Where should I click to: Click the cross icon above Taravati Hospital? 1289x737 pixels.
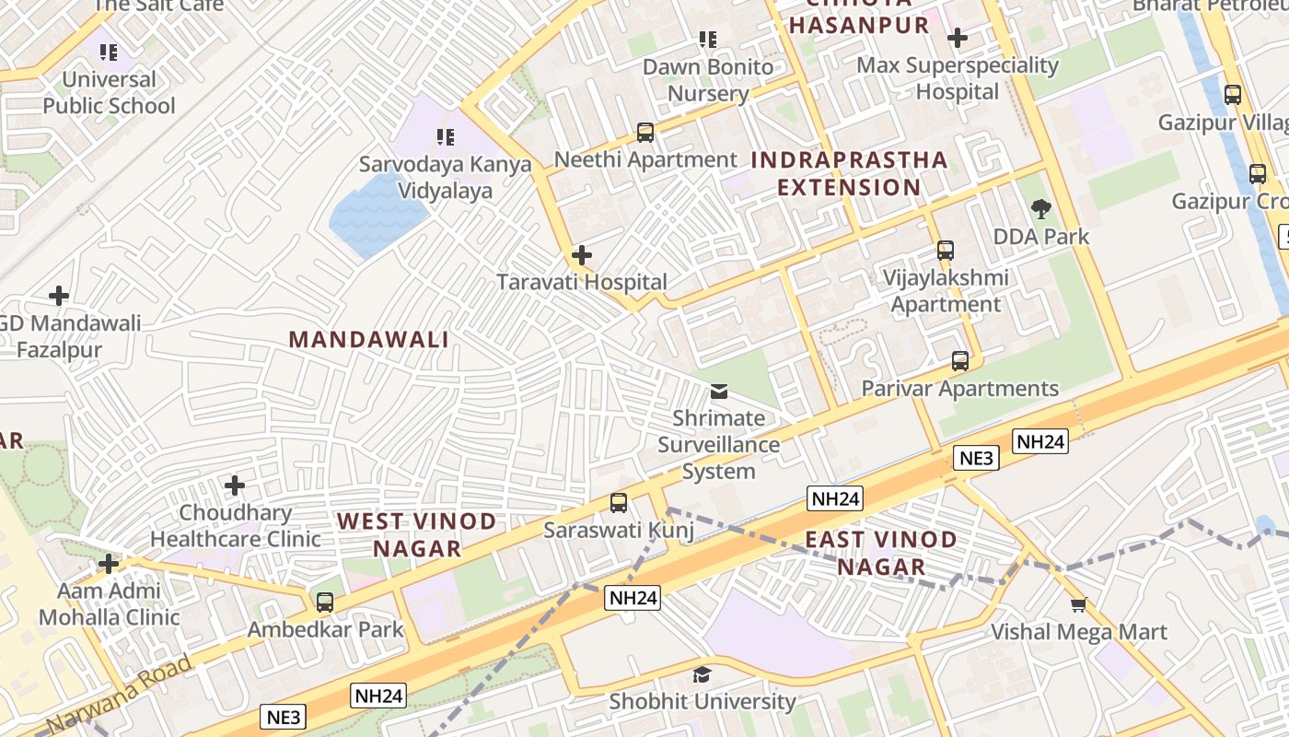[582, 255]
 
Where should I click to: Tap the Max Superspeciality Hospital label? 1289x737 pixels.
[958, 78]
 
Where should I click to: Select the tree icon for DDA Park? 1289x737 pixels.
[1041, 209]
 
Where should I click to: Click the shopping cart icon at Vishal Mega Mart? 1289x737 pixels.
[1078, 605]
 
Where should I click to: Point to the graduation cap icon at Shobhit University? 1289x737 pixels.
[703, 674]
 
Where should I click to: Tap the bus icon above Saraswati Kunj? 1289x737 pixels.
[619, 503]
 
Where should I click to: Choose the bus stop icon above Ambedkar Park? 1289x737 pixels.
[325, 602]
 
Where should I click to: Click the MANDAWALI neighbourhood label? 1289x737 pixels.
[369, 339]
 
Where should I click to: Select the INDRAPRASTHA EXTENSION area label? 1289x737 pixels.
[849, 173]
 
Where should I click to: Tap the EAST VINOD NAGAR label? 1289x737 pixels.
[881, 553]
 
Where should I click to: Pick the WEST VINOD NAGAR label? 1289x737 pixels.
[417, 534]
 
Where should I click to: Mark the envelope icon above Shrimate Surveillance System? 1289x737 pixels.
[719, 392]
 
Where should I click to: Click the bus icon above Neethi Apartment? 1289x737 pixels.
[645, 133]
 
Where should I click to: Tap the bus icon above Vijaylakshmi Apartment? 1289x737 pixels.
[946, 251]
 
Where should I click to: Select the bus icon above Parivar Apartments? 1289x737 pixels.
[960, 361]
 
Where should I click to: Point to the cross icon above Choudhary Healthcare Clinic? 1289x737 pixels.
[235, 485]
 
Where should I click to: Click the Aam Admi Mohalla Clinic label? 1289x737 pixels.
[109, 603]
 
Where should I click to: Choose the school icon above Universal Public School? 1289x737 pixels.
[109, 53]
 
